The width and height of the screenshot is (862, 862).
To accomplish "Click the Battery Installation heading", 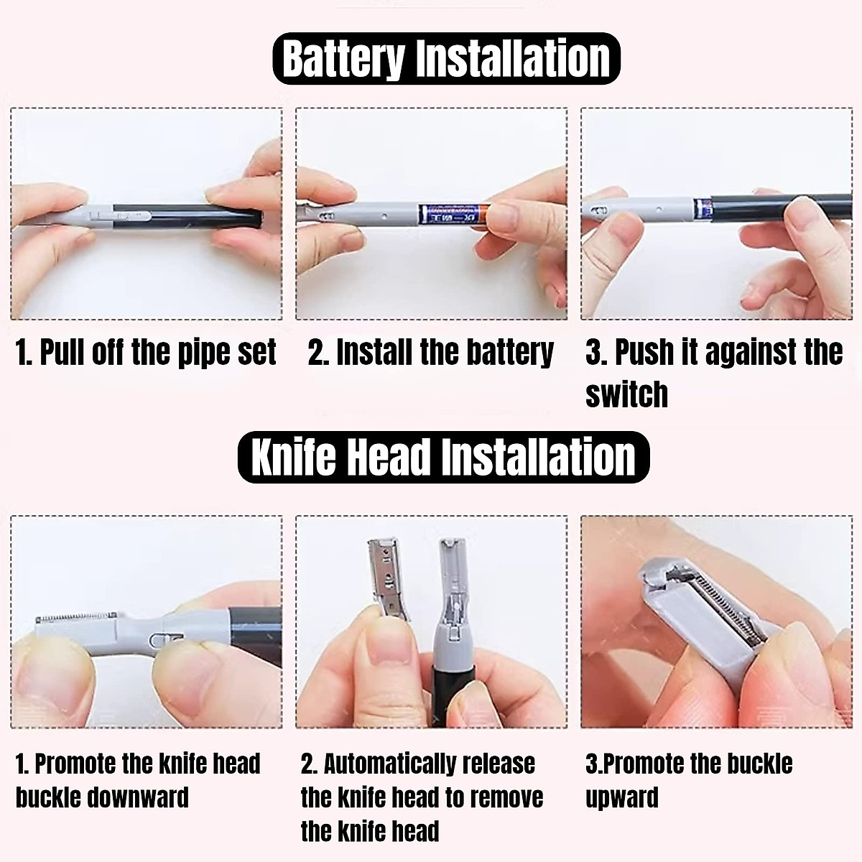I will (x=445, y=59).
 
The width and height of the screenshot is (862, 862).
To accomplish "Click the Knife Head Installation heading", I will (x=443, y=457).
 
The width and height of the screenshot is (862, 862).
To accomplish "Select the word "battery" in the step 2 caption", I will (x=510, y=353).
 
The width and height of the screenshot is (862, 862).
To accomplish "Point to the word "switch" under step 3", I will (x=626, y=394).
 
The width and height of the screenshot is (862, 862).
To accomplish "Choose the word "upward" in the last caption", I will (x=621, y=797).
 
